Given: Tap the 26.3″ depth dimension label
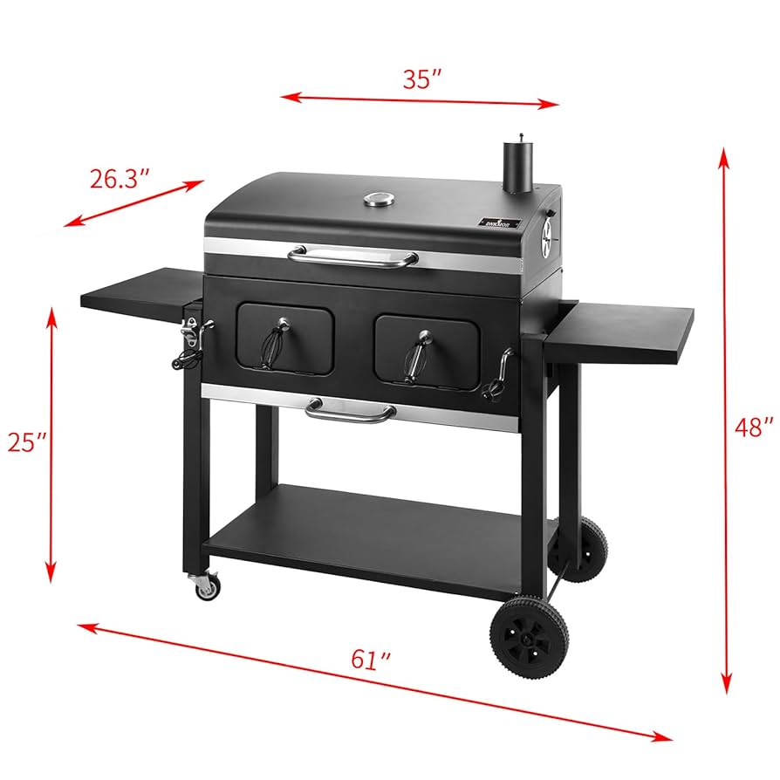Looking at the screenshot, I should coord(120,179).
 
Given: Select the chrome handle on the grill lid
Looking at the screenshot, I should coord(353,256).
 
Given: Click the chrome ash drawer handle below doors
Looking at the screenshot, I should coord(350,410).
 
